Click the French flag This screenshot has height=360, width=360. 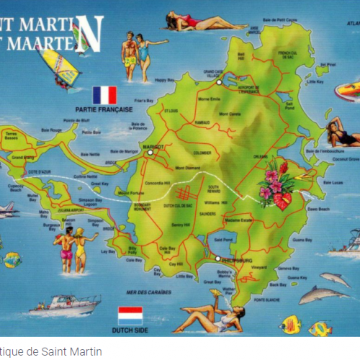click(x=104, y=95)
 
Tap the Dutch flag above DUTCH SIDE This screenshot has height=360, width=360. click(x=130, y=315)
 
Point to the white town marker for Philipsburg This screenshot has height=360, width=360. click(x=217, y=258)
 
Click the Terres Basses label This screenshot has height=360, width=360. click(x=13, y=135)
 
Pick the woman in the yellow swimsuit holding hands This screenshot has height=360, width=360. click(x=81, y=249)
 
